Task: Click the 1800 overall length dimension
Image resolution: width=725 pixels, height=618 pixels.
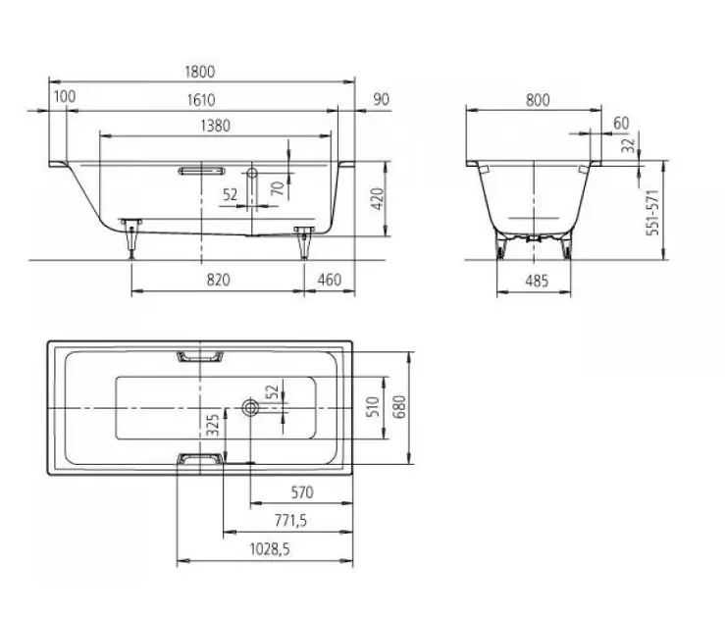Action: click(x=200, y=72)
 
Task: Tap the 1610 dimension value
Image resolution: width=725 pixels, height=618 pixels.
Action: click(x=201, y=100)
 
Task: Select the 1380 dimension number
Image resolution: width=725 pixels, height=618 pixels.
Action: click(x=216, y=126)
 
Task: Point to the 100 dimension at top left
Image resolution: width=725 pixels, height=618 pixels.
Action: click(x=65, y=96)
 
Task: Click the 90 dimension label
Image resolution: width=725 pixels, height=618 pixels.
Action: click(x=382, y=99)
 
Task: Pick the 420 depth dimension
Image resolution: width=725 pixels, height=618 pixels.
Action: click(x=379, y=199)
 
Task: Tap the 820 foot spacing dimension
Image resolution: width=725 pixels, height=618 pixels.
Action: click(x=218, y=280)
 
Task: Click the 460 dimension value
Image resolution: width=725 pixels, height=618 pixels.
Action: click(x=330, y=280)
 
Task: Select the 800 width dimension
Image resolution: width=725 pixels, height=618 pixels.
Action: click(x=538, y=100)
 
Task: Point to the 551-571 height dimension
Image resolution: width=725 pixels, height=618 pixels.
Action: click(x=652, y=212)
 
